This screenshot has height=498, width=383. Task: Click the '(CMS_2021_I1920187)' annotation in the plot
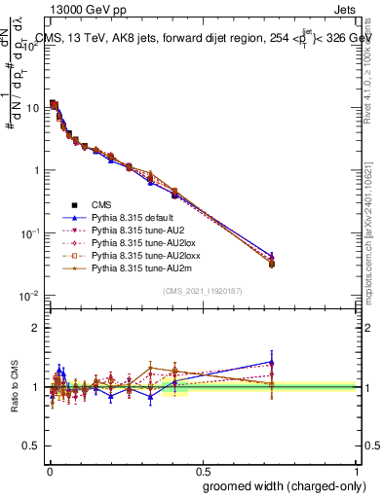201,291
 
